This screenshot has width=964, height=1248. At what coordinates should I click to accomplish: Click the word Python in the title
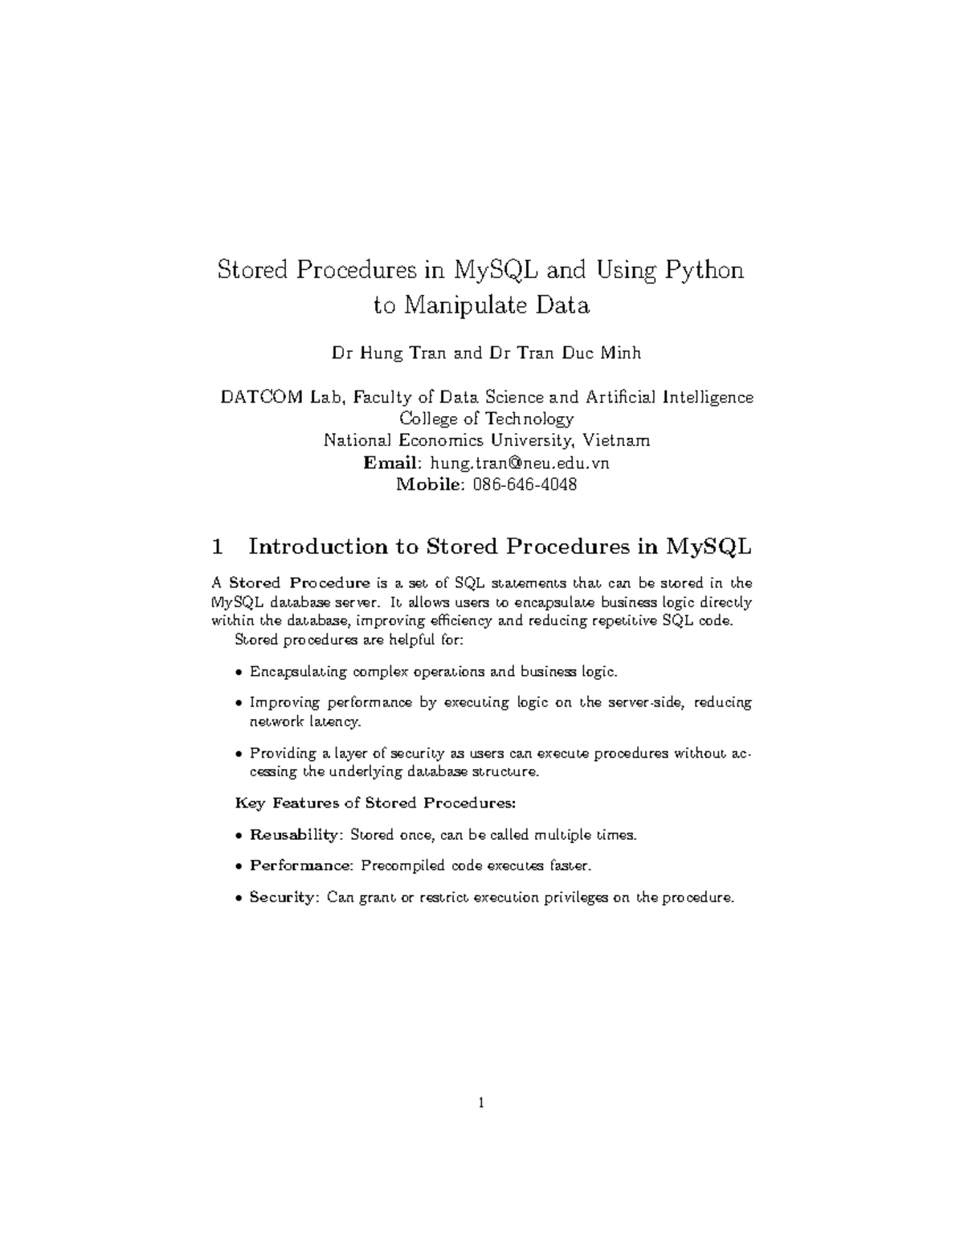click(703, 271)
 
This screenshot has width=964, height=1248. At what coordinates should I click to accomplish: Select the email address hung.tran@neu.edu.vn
click(520, 463)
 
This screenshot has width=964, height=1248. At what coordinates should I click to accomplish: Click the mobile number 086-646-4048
click(525, 485)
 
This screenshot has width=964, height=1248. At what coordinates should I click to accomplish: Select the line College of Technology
click(487, 419)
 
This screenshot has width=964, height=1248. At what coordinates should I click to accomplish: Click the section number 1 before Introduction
click(216, 547)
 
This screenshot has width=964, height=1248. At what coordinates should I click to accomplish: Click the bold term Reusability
click(295, 835)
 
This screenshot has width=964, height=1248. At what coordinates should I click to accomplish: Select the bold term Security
click(284, 897)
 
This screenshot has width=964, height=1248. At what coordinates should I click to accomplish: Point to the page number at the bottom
click(481, 1103)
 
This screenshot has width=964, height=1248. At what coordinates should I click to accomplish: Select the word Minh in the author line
click(624, 354)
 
